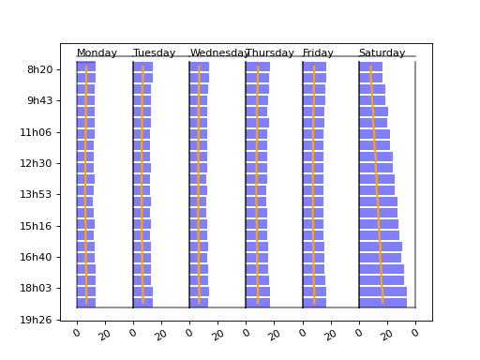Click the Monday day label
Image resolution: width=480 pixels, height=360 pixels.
click(97, 53)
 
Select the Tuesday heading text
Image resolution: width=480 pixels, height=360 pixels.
click(154, 53)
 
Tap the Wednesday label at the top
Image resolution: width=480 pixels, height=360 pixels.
click(219, 53)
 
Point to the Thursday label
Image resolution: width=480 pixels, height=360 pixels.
click(270, 53)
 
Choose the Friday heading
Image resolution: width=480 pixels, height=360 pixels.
click(318, 53)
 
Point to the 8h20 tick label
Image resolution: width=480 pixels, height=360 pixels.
click(39, 69)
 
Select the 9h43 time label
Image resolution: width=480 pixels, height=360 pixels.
click(39, 101)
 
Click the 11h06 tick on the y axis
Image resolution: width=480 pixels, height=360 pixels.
click(39, 132)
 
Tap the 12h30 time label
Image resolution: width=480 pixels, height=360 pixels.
click(39, 164)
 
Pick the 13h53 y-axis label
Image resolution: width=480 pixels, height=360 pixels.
click(39, 195)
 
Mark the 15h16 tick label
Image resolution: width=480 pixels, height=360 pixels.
click(39, 226)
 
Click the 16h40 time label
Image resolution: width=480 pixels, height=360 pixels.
click(39, 258)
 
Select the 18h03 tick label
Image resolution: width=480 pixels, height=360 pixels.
click(39, 289)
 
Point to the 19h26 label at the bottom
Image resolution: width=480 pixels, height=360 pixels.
click(39, 321)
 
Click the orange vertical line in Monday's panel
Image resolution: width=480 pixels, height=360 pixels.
click(86, 187)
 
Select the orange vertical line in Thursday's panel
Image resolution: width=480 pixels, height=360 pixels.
click(258, 187)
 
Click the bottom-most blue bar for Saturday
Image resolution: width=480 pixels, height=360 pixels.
click(382, 303)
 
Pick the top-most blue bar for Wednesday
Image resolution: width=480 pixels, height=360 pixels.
click(199, 67)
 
